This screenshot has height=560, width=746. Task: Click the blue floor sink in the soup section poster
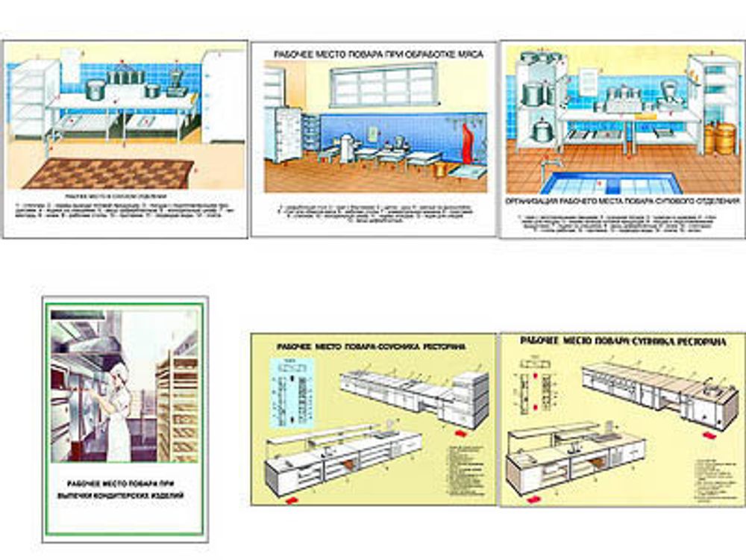pyautogui.click(x=612, y=183)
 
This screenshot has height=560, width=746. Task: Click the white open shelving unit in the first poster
pyautogui.click(x=31, y=101)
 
